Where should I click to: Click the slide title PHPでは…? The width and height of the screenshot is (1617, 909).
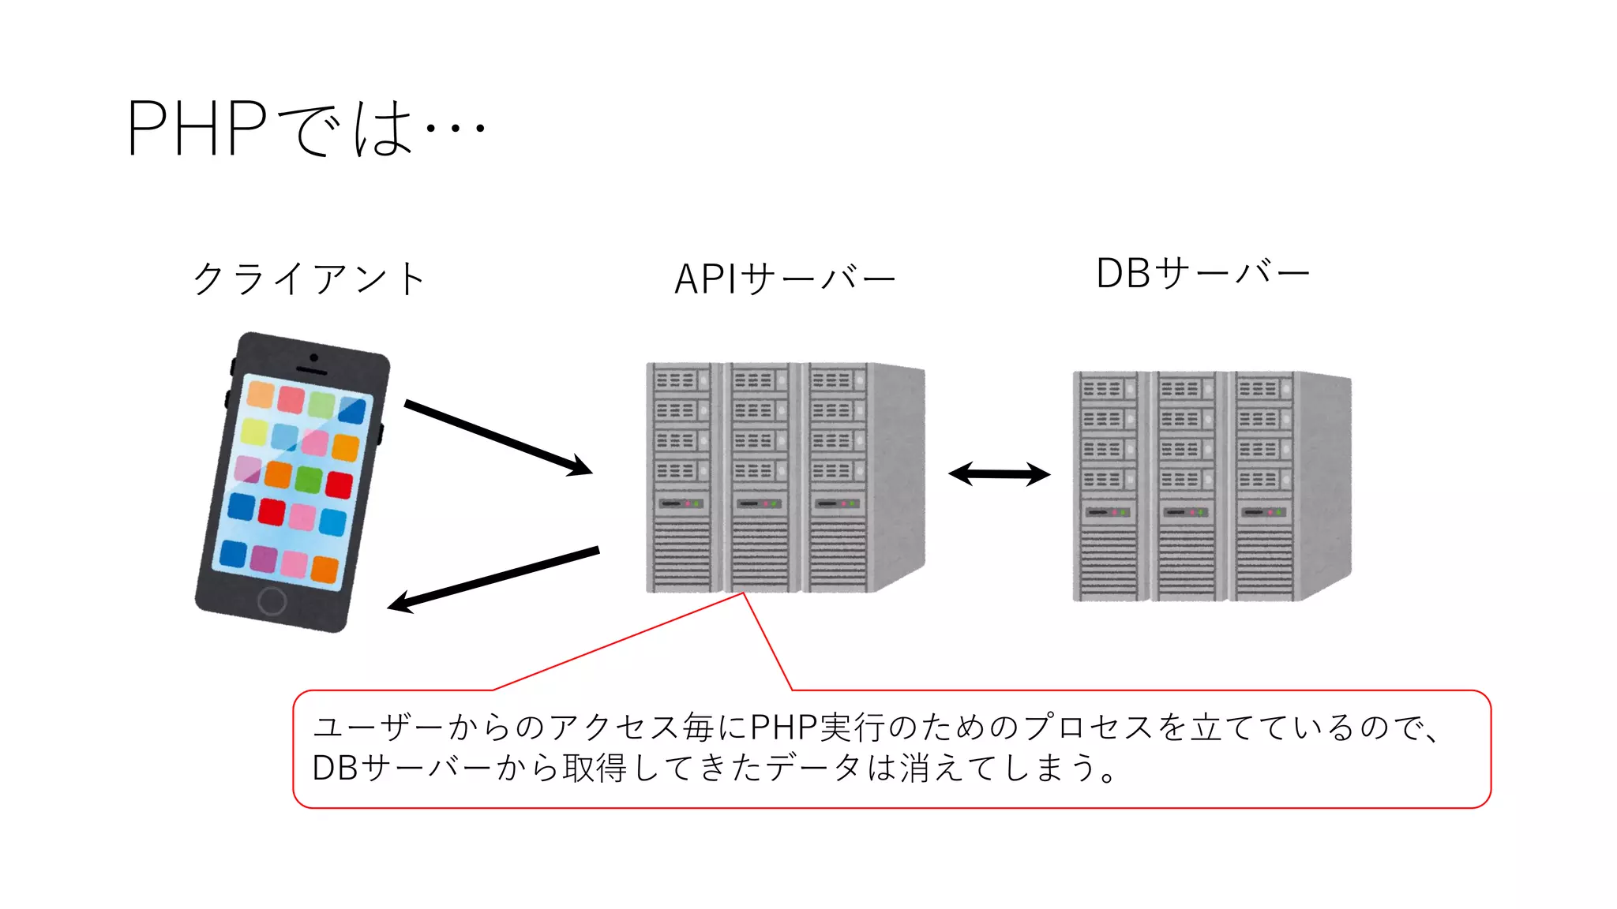point(306,128)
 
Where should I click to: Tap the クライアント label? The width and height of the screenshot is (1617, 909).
point(310,279)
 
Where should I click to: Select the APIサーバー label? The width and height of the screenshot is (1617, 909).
point(785,279)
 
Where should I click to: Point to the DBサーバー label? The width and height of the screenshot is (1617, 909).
point(1202,274)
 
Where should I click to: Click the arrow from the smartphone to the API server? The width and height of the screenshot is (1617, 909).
point(497,438)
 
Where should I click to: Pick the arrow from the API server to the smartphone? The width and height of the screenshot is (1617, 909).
point(493,579)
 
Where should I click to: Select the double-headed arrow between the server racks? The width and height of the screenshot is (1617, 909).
point(999,474)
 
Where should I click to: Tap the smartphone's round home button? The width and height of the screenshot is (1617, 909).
point(272,601)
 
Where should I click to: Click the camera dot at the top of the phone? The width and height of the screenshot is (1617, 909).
point(313,358)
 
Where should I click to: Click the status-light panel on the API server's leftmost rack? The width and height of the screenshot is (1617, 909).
point(681,503)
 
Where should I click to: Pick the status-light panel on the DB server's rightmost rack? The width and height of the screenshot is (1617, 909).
point(1262,512)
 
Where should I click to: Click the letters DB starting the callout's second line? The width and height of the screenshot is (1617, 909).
point(336,768)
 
